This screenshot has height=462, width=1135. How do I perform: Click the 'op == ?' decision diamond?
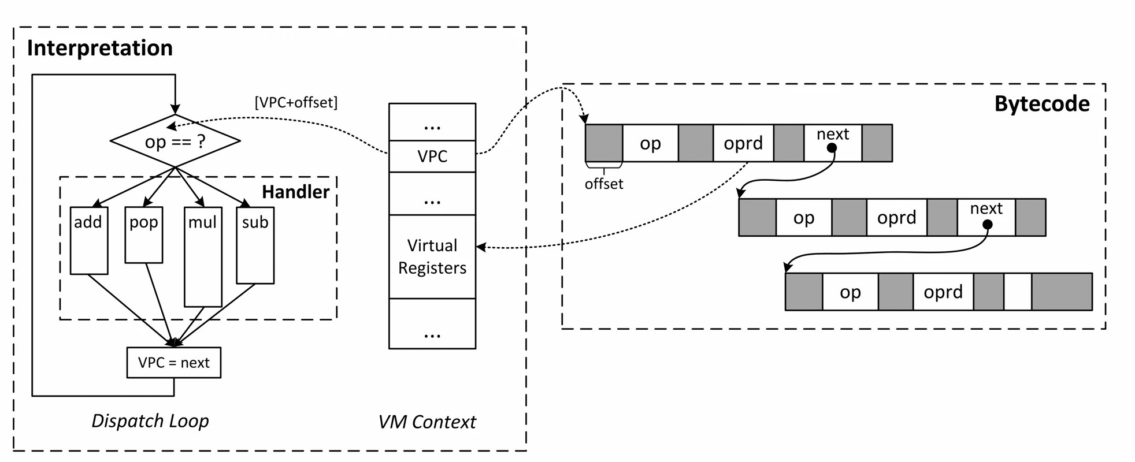pyautogui.click(x=175, y=141)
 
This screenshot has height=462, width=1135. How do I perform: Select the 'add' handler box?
pyautogui.click(x=88, y=240)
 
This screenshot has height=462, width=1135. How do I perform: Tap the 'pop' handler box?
pyautogui.click(x=144, y=234)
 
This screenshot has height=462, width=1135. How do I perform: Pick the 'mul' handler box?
pyautogui.click(x=203, y=257)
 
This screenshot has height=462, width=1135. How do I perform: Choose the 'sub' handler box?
pyautogui.click(x=255, y=245)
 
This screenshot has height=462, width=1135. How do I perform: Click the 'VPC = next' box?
pyautogui.click(x=173, y=363)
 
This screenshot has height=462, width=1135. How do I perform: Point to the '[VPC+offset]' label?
pyautogui.click(x=296, y=102)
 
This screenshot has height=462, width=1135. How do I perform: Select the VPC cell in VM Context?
pyautogui.click(x=432, y=156)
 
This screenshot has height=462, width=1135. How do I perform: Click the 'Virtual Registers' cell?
pyautogui.click(x=432, y=256)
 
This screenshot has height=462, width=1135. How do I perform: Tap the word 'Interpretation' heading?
pyautogui.click(x=99, y=48)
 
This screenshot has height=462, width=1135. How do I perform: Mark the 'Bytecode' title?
pyautogui.click(x=1041, y=104)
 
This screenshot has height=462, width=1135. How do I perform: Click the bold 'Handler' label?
pyautogui.click(x=295, y=192)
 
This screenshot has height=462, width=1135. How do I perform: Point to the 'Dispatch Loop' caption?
pyautogui.click(x=150, y=420)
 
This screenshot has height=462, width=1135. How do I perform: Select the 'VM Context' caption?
pyautogui.click(x=426, y=422)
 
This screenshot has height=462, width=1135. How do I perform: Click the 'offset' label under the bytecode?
pyautogui.click(x=603, y=184)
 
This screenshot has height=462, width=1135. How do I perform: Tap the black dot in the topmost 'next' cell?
pyautogui.click(x=832, y=148)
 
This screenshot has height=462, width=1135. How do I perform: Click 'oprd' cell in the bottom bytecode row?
pyautogui.click(x=943, y=292)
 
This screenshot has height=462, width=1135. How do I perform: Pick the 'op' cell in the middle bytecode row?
pyautogui.click(x=803, y=218)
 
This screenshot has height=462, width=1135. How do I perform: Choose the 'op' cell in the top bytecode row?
pyautogui.click(x=650, y=143)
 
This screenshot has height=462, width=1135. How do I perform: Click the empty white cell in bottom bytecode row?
pyautogui.click(x=1017, y=292)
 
